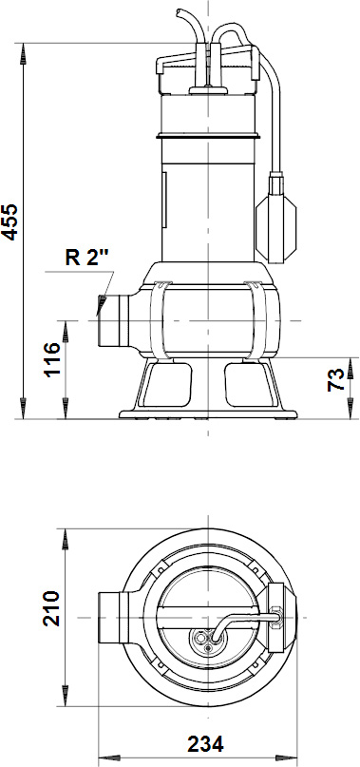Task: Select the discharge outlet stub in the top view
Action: click(108, 615)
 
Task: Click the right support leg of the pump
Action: click(256, 386)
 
